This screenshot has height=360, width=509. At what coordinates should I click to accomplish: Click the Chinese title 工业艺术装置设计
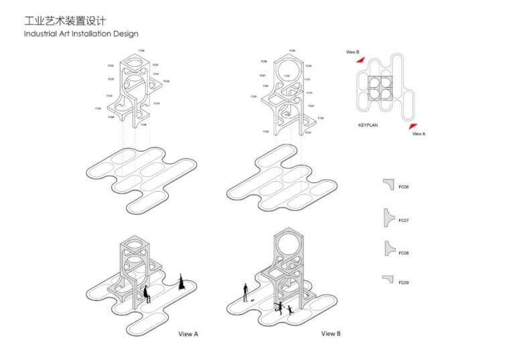pos(64,21)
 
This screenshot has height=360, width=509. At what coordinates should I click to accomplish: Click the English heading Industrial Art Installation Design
pos(81,33)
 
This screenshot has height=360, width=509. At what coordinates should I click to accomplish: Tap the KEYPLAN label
pos(371,125)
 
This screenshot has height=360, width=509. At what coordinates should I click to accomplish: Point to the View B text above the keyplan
pos(353,52)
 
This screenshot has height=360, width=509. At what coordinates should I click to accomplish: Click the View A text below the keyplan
pos(419,133)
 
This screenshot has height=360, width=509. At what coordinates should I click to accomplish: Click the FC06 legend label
pos(404,186)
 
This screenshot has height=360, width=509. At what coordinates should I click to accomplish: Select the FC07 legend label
pos(404,220)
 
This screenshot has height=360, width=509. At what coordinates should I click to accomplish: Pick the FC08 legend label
pos(404,253)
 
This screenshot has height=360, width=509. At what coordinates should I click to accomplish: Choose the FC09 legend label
pos(404,282)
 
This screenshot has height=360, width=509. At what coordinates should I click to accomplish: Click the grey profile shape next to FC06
pos(389,184)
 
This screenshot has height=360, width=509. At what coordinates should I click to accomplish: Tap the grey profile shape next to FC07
pos(388,217)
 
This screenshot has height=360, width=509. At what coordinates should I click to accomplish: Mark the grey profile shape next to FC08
pos(388,249)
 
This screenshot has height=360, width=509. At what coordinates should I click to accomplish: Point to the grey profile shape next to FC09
pos(388,279)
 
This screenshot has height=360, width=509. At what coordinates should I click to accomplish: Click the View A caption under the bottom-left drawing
pos(188,333)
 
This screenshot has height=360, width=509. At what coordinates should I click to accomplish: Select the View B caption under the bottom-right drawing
pos(331,333)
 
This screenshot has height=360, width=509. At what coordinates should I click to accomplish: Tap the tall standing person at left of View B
pos(246,292)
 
